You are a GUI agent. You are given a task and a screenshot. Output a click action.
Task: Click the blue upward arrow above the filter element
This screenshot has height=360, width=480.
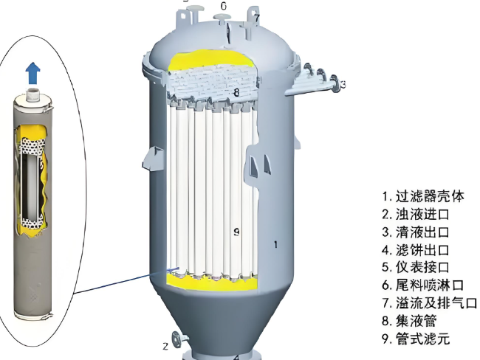pyautogui.click(x=33, y=73)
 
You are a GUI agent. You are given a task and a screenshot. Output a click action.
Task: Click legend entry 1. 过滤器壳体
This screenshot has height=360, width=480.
pyautogui.click(x=423, y=196)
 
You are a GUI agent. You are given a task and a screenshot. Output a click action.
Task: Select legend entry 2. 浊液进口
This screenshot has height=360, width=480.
pyautogui.click(x=416, y=214)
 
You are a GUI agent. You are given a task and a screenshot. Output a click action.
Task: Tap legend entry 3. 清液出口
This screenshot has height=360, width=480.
pyautogui.click(x=416, y=232)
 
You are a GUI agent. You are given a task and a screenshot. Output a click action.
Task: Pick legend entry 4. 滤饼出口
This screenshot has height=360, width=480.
pyautogui.click(x=416, y=250)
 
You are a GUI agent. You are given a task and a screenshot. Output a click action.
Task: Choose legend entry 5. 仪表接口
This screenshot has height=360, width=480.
pyautogui.click(x=416, y=267)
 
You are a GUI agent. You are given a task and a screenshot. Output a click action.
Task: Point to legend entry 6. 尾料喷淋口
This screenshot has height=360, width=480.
pyautogui.click(x=423, y=285)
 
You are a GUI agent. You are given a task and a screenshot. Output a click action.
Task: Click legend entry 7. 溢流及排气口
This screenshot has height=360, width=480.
pyautogui.click(x=430, y=303)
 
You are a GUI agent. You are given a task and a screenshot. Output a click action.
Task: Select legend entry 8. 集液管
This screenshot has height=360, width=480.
pyautogui.click(x=409, y=321)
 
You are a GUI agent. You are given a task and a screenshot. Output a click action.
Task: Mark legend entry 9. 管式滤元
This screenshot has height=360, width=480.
pyautogui.click(x=416, y=339)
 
